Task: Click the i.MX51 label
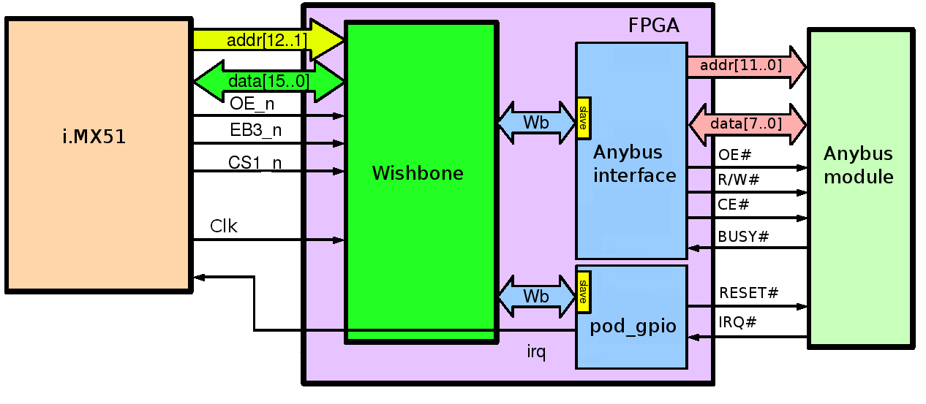(94, 137)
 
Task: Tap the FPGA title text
(653, 26)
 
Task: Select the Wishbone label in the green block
(418, 173)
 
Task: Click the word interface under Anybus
(634, 175)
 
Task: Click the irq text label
(536, 353)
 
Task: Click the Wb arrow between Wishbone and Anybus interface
(536, 122)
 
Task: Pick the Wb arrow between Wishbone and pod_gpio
(536, 297)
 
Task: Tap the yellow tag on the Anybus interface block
(583, 118)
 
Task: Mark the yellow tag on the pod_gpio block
(583, 292)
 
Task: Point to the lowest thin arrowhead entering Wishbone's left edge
(339, 240)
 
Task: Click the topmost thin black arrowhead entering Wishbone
(339, 115)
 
